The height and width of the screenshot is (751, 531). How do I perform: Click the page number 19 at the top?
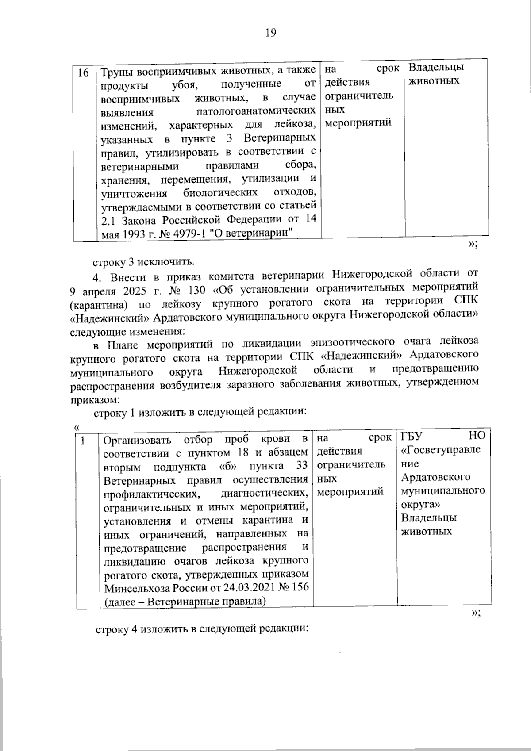click(271, 33)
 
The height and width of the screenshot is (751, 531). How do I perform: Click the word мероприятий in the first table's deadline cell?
click(358, 123)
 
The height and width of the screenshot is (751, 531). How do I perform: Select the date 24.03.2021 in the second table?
click(251, 587)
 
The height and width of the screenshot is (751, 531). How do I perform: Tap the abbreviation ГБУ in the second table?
click(412, 436)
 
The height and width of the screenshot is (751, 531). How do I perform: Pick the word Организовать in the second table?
click(136, 441)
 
